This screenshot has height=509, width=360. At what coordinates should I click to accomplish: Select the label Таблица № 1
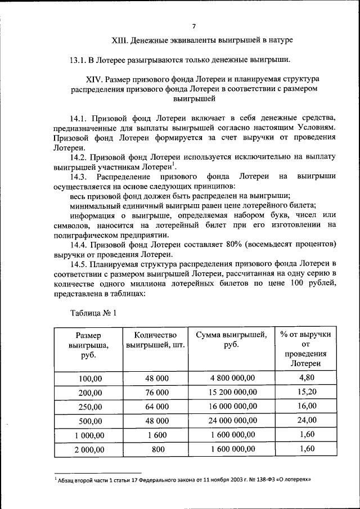click(93, 312)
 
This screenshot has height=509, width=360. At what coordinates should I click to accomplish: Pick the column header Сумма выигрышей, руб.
click(231, 340)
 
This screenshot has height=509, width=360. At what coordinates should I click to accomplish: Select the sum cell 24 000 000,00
click(232, 420)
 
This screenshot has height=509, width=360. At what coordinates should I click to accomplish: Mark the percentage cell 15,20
click(307, 391)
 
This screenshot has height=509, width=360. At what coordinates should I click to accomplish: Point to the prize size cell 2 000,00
click(87, 449)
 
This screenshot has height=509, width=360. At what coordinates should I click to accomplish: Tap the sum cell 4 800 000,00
click(232, 378)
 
